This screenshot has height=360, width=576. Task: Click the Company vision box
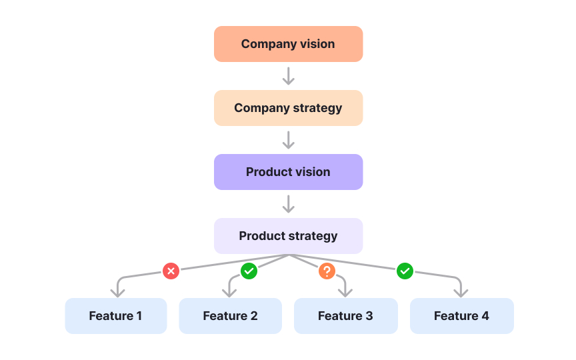click(x=288, y=44)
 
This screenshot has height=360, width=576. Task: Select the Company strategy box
click(x=288, y=108)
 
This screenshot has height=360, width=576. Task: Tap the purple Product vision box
click(x=288, y=172)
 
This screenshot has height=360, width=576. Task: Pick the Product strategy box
click(x=288, y=236)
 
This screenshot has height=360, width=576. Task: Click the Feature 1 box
click(x=115, y=316)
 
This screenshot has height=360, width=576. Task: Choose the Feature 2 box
click(x=230, y=316)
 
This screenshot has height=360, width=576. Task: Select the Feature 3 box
click(x=345, y=316)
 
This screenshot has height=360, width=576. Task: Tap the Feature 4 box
click(x=461, y=316)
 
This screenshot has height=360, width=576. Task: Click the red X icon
click(x=171, y=271)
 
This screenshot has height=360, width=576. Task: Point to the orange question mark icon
click(x=327, y=271)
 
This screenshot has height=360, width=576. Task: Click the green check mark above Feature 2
click(x=249, y=271)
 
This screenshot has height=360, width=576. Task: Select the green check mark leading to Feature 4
click(x=405, y=271)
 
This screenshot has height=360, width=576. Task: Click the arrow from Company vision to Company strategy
click(x=288, y=76)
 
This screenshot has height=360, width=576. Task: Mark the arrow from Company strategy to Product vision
click(x=288, y=140)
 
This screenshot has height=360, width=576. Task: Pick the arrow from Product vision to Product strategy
click(x=288, y=204)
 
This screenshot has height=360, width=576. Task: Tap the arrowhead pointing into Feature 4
click(x=460, y=292)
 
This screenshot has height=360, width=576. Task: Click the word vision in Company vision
click(x=317, y=44)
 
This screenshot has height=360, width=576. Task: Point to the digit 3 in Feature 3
click(x=369, y=316)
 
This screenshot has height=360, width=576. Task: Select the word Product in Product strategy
click(x=261, y=236)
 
